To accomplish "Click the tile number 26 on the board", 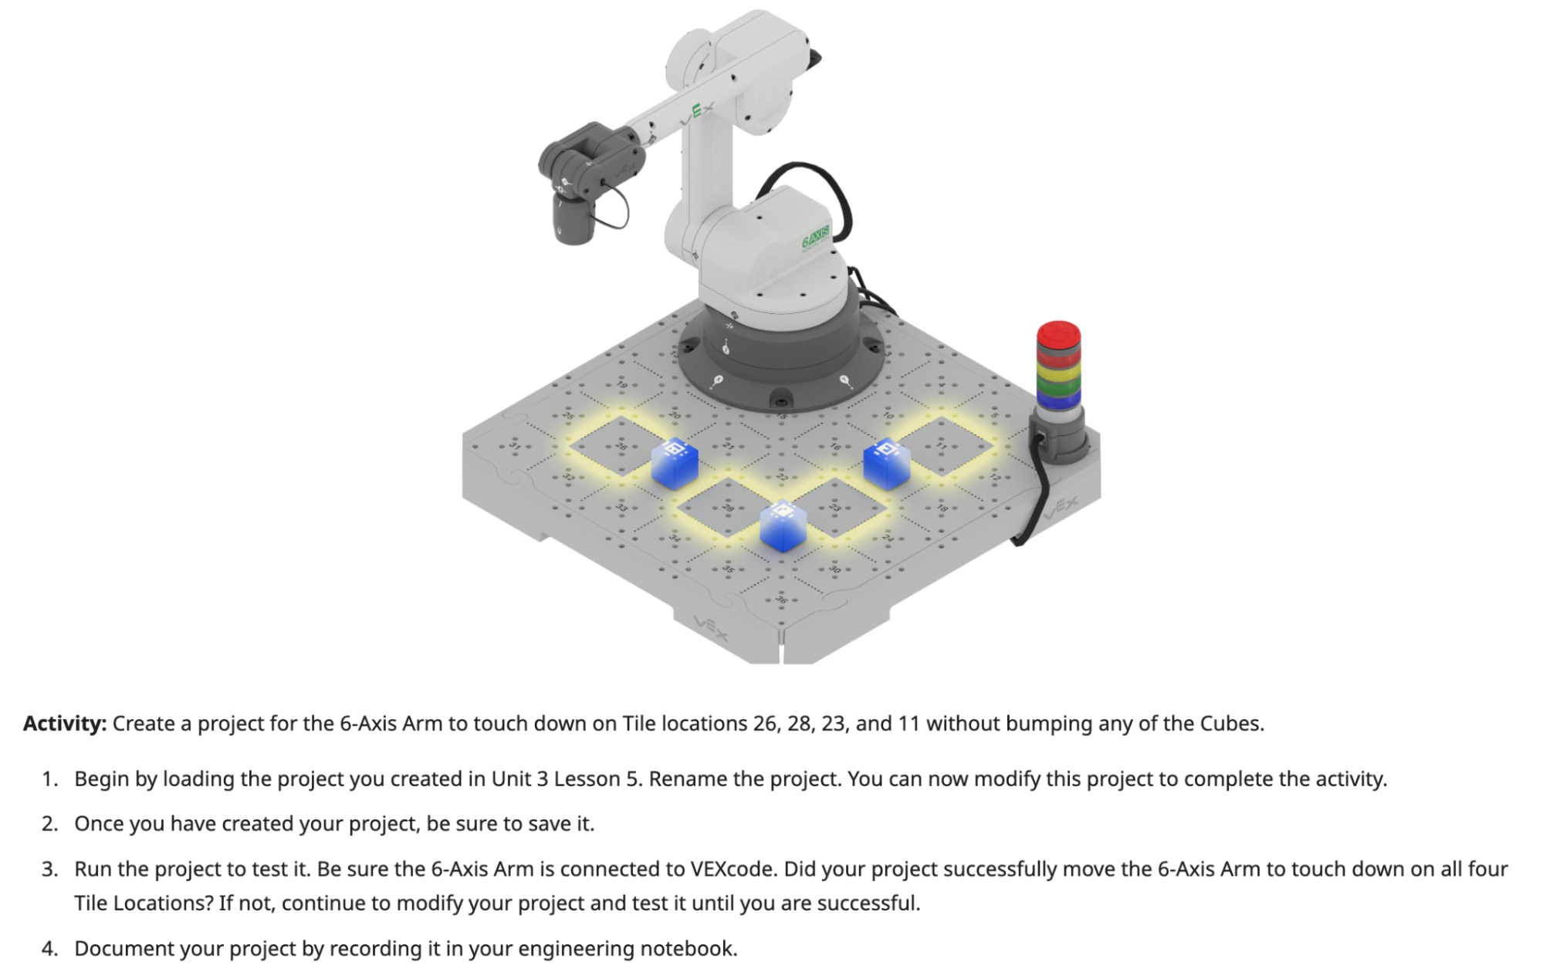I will tap(621, 446).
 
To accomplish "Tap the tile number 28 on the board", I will tap(728, 508).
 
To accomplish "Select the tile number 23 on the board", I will tap(834, 507).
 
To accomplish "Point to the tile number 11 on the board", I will tap(941, 446).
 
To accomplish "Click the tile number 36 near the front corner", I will tap(781, 599).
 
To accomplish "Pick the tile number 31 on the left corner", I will tap(515, 446).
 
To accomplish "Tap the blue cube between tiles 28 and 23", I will tap(783, 526).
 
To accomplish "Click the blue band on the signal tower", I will tap(1058, 397).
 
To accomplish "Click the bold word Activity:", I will tap(65, 724).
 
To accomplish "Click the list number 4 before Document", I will tap(50, 948).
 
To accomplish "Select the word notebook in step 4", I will tap(692, 948).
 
